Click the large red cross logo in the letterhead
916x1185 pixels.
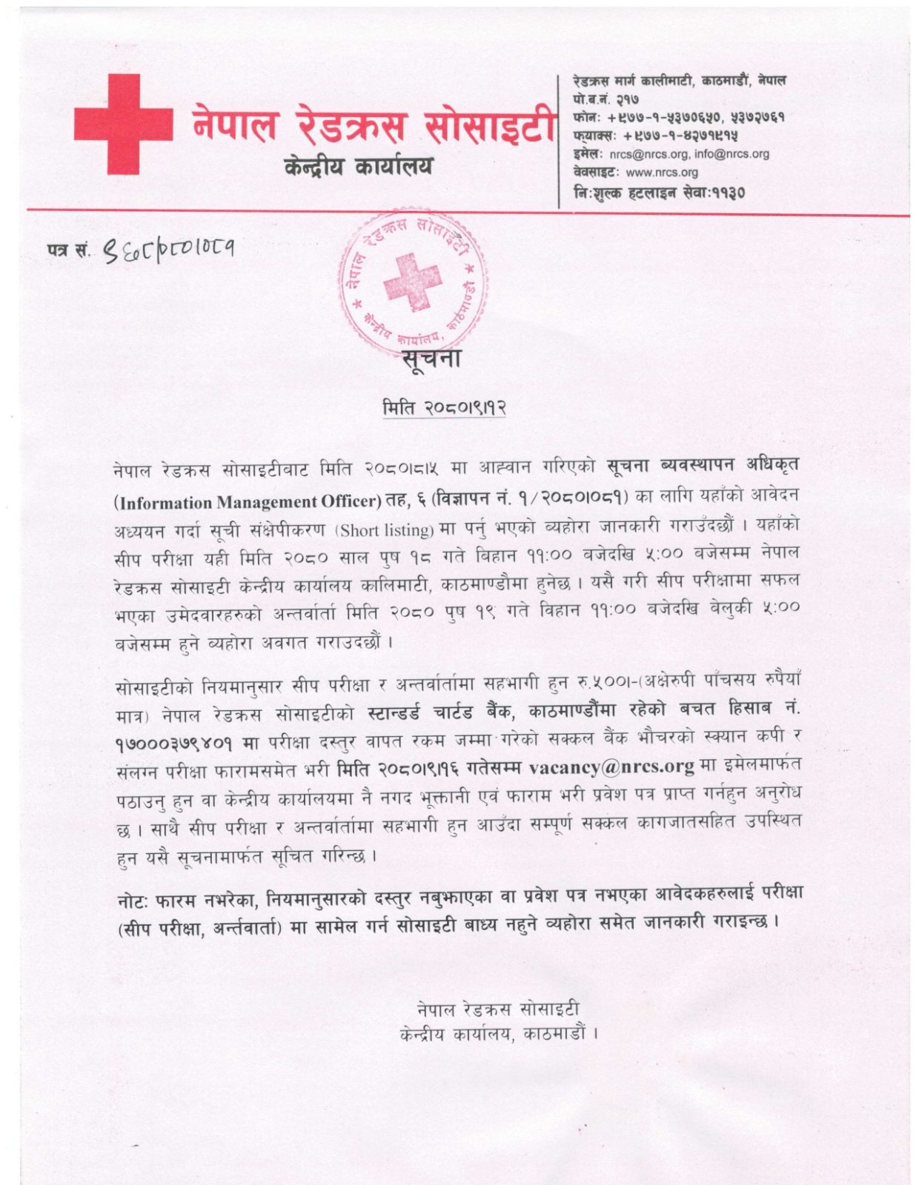[x=123, y=124]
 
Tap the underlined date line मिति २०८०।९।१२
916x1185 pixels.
[x=444, y=407]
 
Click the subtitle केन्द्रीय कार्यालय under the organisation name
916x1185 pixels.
[x=358, y=167]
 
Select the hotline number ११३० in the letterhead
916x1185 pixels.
[x=729, y=193]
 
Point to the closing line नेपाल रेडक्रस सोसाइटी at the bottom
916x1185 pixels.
[x=497, y=1009]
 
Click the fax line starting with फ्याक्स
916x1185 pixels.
[x=654, y=136]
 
